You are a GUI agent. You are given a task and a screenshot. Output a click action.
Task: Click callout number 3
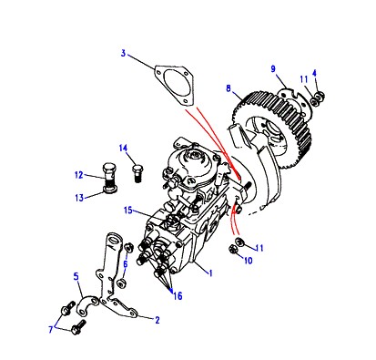(x=123, y=54)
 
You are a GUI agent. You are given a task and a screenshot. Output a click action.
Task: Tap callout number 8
(x=229, y=88)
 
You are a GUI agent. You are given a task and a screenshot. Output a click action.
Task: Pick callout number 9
(x=273, y=69)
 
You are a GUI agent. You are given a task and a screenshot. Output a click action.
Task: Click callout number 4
(x=314, y=73)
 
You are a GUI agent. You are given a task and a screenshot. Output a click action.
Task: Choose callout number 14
(x=123, y=149)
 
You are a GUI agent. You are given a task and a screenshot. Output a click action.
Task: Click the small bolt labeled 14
(x=137, y=173)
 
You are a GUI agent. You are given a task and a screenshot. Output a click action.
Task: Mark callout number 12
(x=79, y=175)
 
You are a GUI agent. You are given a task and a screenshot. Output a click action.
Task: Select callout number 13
(x=79, y=198)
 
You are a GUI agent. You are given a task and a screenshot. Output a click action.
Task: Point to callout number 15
(x=128, y=211)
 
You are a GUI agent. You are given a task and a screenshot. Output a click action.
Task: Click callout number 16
(x=178, y=295)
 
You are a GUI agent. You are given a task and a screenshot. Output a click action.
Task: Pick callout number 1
(x=210, y=273)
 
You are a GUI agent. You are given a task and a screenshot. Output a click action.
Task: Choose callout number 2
(x=158, y=320)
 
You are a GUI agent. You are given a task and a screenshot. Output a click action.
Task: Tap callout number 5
(x=76, y=276)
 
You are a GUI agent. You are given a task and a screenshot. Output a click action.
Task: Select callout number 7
(x=51, y=330)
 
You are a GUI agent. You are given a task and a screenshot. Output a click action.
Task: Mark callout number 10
(x=249, y=261)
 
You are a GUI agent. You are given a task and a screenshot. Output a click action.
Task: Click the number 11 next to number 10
(x=259, y=248)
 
